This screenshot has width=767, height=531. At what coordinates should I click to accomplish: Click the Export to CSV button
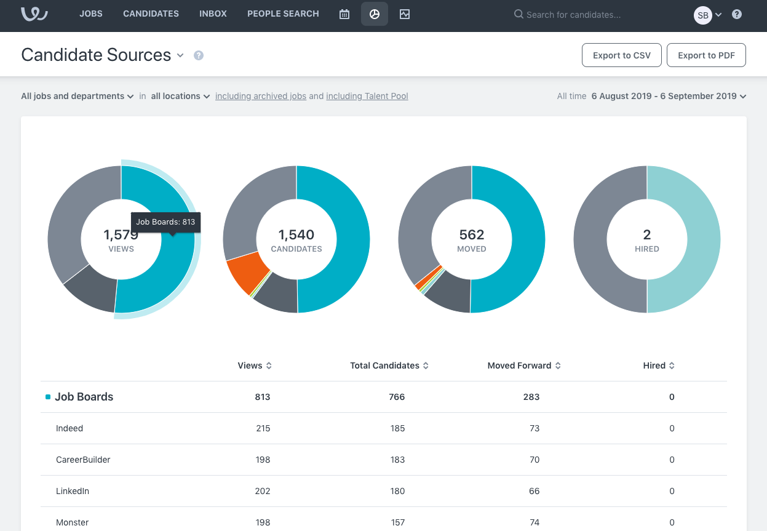621,55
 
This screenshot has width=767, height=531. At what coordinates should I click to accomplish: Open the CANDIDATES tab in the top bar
151,14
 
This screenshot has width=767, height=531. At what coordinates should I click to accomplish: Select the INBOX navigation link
213,14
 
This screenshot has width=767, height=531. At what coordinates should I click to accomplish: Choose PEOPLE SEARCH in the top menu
283,14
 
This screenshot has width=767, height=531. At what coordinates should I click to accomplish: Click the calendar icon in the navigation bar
344,14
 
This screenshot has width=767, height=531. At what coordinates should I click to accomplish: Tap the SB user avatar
702,15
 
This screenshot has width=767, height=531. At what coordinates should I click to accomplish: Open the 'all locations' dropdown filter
180,96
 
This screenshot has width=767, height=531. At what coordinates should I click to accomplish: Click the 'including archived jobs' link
261,96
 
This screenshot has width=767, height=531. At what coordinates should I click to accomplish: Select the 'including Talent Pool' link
367,96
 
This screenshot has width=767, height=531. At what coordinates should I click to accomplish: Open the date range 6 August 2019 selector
668,96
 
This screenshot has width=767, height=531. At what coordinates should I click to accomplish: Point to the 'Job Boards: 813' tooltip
165,222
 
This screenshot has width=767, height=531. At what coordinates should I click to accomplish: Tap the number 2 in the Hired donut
646,234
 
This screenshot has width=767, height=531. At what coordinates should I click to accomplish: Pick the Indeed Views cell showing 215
263,428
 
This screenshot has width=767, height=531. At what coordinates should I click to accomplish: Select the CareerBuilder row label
83,460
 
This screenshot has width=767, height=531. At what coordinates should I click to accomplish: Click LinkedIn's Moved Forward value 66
534,491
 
